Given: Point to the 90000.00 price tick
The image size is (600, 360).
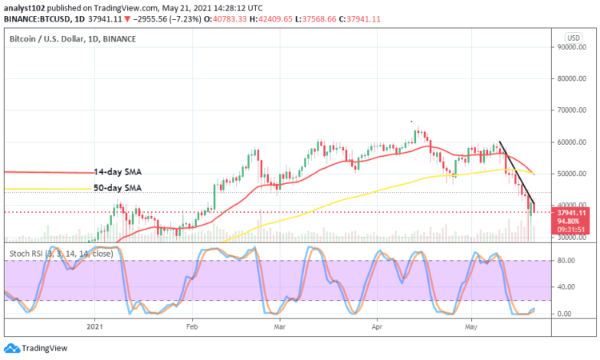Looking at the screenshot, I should [x=570, y=47].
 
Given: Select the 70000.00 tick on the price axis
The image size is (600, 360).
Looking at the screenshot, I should [x=570, y=110].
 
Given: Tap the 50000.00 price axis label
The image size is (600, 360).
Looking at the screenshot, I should [x=570, y=174].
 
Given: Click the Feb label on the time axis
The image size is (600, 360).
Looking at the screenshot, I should [x=191, y=326].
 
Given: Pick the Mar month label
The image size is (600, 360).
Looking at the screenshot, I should [x=280, y=326].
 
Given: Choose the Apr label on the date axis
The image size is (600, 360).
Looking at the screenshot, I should [x=376, y=326].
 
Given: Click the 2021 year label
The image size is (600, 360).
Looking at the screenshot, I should [x=95, y=326].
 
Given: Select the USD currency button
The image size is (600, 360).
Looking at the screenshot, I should [x=573, y=38].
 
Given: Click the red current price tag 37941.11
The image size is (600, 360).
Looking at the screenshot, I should [x=571, y=212].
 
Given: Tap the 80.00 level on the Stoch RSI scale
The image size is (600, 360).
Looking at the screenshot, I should [x=566, y=260].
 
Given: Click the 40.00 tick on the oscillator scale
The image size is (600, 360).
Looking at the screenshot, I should [x=566, y=286].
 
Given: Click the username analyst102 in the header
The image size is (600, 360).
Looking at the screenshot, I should [x=23, y=6].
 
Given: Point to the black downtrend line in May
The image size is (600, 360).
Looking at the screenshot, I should [x=516, y=173].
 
